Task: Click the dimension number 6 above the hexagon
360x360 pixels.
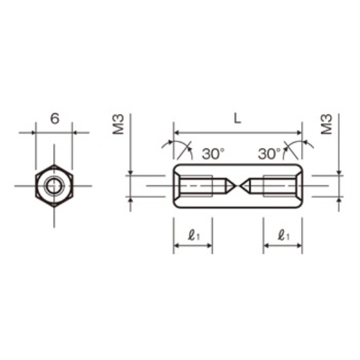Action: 54,118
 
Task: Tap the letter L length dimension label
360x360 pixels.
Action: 238,118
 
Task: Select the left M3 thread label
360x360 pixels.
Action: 118,124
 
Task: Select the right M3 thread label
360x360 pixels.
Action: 327,124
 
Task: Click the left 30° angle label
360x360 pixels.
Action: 213,154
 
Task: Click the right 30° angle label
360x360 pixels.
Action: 269,154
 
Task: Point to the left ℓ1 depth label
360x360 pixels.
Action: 194,236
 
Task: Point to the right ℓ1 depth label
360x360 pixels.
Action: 283,236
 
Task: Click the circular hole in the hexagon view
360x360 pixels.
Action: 54,186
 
